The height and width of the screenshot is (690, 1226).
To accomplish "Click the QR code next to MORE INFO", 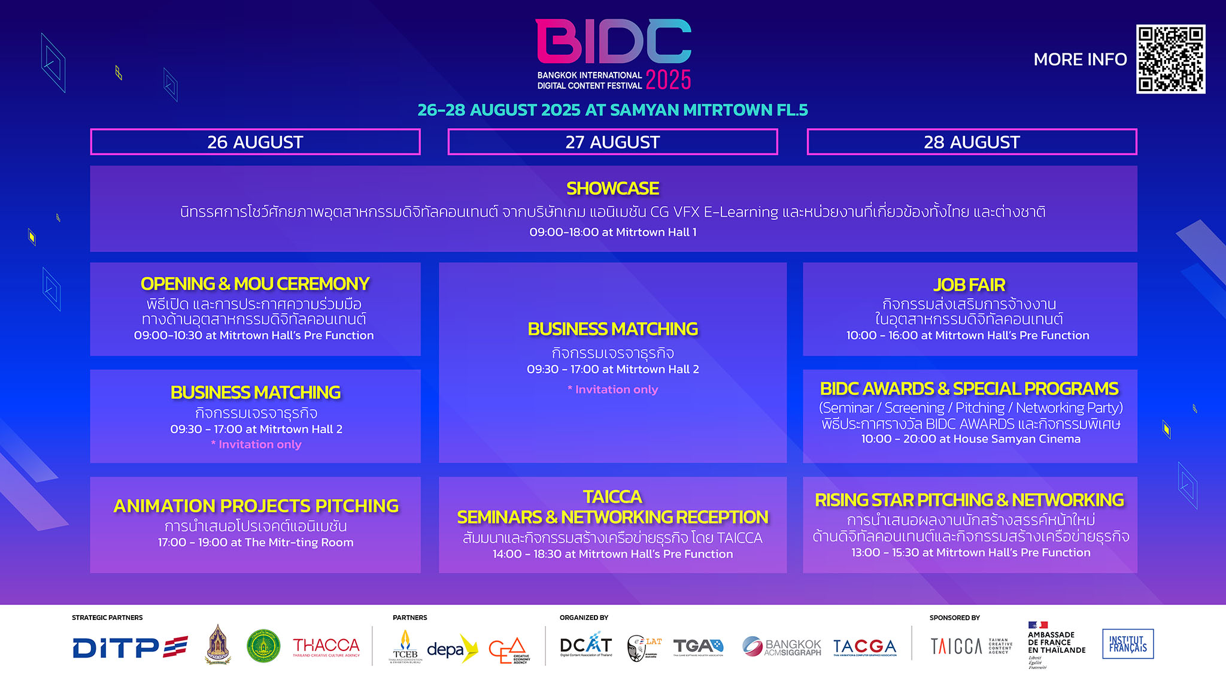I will click(1170, 59).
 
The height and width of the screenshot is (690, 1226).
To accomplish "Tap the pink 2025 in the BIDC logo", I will click(668, 80).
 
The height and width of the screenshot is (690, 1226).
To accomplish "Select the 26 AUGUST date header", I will click(255, 142).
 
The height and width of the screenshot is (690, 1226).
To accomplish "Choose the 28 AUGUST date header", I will click(972, 142).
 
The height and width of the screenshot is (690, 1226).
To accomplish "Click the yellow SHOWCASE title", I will click(612, 189).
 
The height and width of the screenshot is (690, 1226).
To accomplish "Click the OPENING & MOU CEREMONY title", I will click(255, 283).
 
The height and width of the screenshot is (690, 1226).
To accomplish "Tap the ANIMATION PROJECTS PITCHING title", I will click(256, 506).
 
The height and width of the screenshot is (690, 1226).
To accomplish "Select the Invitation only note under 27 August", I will click(612, 389).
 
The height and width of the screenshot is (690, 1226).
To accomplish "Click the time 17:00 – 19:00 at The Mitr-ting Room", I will click(256, 542).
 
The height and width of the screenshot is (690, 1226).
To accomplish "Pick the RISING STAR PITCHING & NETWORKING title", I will click(969, 500).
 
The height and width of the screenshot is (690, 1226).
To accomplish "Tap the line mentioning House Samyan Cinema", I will click(970, 439).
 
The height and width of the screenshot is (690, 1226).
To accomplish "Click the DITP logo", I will click(130, 647).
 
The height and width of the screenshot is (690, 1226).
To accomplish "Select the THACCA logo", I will click(326, 646).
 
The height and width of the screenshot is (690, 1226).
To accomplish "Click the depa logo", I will click(451, 649).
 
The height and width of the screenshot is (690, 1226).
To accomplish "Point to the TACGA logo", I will click(864, 647).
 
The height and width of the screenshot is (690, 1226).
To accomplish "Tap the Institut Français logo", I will click(1128, 644).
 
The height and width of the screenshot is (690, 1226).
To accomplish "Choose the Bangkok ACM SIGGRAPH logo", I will click(782, 647).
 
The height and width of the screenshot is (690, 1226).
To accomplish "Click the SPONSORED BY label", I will click(954, 618).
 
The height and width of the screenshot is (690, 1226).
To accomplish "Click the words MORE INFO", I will click(1080, 59).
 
